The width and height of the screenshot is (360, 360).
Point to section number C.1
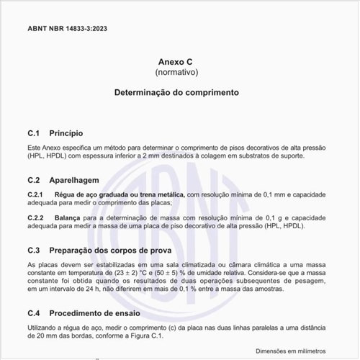33,134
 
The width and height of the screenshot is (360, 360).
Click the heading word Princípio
66,134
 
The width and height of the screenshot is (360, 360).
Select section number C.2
33,180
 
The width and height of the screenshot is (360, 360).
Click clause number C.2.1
35,195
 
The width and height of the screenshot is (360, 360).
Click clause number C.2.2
35,217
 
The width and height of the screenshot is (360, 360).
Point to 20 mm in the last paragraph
42,336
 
